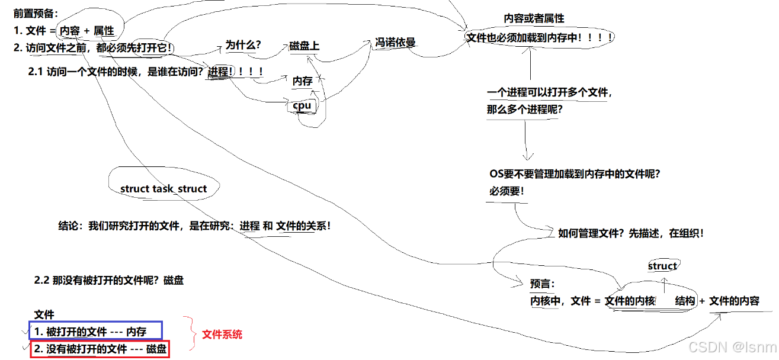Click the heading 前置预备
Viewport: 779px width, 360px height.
[x=36, y=13]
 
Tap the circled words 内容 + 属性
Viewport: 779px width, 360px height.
[x=87, y=31]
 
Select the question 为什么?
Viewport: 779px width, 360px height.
[x=243, y=45]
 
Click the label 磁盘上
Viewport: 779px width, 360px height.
[x=304, y=46]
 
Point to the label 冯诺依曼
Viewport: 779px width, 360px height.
[x=395, y=43]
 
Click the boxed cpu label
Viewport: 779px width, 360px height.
[x=302, y=105]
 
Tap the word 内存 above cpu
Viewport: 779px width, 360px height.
[x=302, y=82]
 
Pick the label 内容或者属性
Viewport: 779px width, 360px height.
[x=534, y=19]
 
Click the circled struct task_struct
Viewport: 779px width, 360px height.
[x=164, y=188]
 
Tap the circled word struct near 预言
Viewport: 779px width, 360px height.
[x=662, y=266]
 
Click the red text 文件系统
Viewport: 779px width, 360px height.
[x=222, y=335]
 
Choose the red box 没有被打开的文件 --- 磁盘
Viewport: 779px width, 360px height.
[x=100, y=349]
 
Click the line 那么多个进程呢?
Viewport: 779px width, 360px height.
[x=525, y=110]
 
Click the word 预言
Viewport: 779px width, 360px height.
[x=541, y=284]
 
